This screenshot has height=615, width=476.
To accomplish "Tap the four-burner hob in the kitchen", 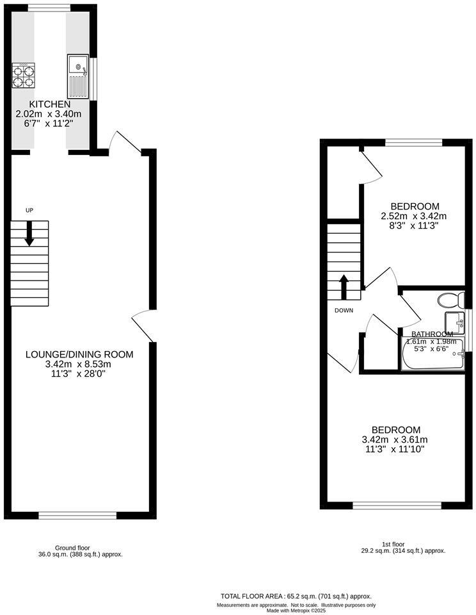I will click(x=23, y=76).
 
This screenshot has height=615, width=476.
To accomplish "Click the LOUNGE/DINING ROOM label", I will click(x=79, y=354).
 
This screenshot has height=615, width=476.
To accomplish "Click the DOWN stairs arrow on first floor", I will click(x=344, y=288).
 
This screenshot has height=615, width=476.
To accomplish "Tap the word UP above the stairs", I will click(x=29, y=211).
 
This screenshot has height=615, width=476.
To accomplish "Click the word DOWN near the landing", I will click(x=344, y=311).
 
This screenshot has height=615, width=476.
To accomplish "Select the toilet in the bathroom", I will click(x=452, y=299).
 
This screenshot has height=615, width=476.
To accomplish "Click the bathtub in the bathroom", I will click(x=432, y=356).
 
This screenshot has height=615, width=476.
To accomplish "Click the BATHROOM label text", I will click(x=432, y=334).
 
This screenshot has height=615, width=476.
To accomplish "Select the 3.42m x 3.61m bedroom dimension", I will click(x=395, y=439).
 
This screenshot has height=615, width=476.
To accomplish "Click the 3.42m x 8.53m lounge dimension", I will click(x=79, y=364).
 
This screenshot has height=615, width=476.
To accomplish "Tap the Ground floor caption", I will click(x=72, y=548).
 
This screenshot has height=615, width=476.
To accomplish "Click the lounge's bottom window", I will click(x=78, y=514).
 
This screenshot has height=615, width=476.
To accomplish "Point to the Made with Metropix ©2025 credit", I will click(x=296, y=611).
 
